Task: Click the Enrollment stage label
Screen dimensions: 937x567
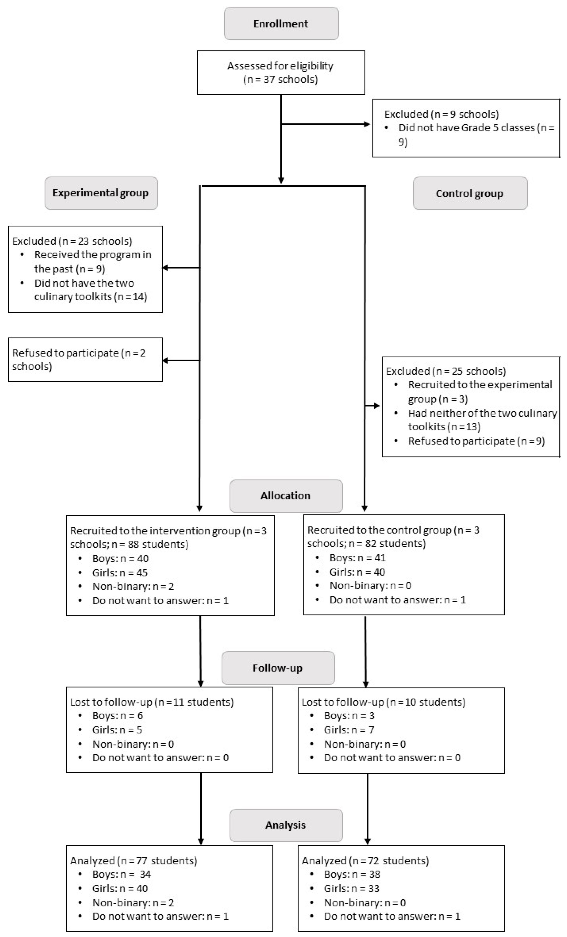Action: [x=281, y=24]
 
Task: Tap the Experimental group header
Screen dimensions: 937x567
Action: [x=101, y=193]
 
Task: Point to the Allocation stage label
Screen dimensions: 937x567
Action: [x=286, y=496]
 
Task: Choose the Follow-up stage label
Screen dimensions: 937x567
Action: [x=278, y=668]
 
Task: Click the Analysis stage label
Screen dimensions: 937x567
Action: [x=286, y=825]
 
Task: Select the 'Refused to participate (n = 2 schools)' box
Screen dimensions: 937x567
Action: [x=85, y=359]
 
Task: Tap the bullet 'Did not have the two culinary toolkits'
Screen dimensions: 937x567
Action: [x=90, y=290]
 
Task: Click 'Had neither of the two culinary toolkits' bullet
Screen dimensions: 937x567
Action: [x=482, y=420]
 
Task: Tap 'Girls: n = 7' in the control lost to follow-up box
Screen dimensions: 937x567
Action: [x=349, y=730]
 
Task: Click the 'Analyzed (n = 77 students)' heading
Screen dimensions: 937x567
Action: [x=133, y=861]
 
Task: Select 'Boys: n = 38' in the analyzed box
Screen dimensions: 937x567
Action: [x=352, y=874]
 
